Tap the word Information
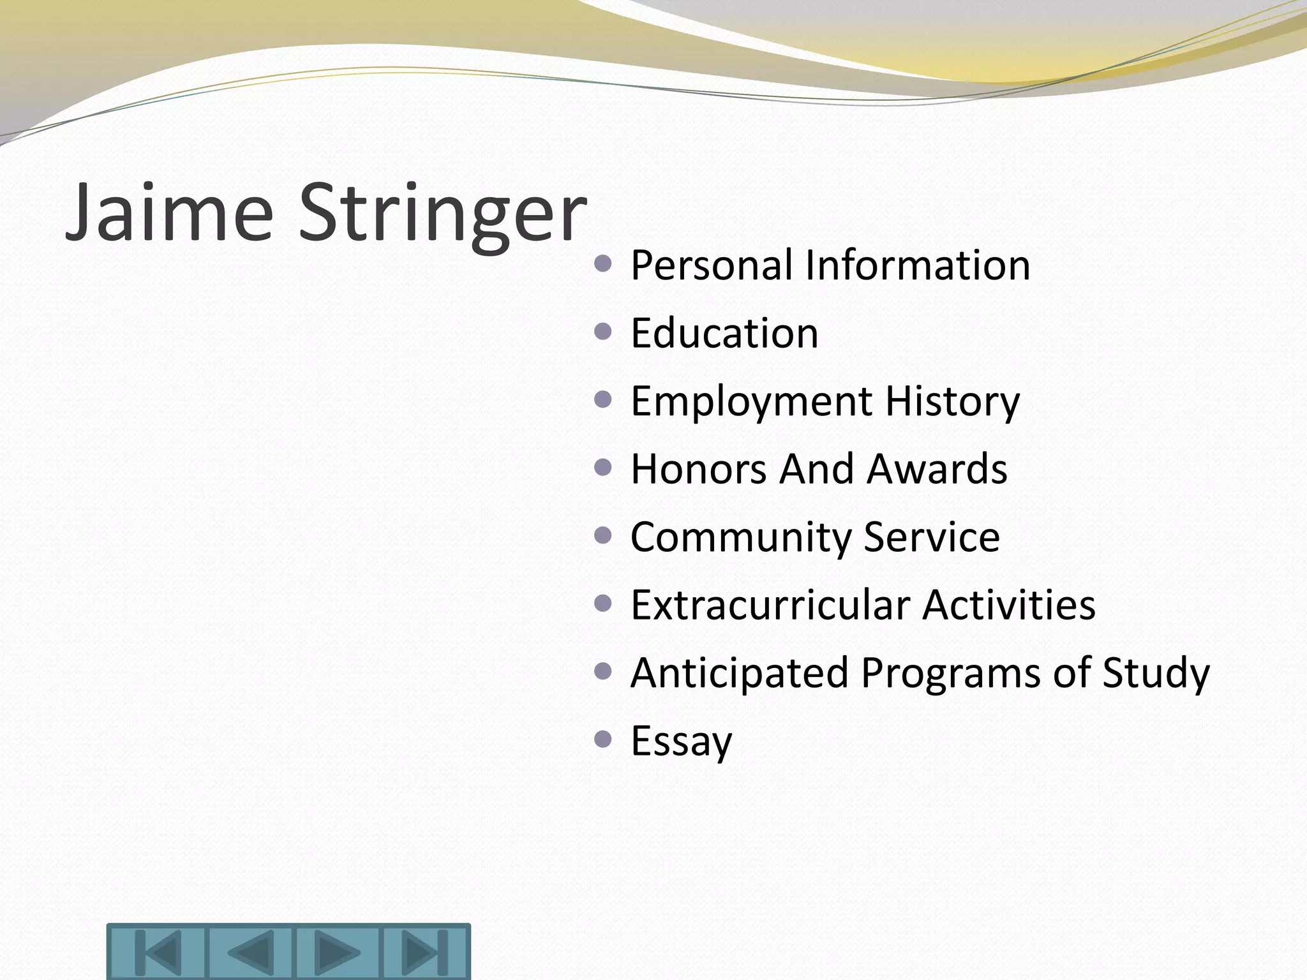[918, 265]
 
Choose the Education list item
[724, 333]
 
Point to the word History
[952, 402]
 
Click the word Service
[932, 537]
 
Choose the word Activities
[1009, 605]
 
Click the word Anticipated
[740, 673]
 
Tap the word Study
[1156, 673]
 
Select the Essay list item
[682, 741]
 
